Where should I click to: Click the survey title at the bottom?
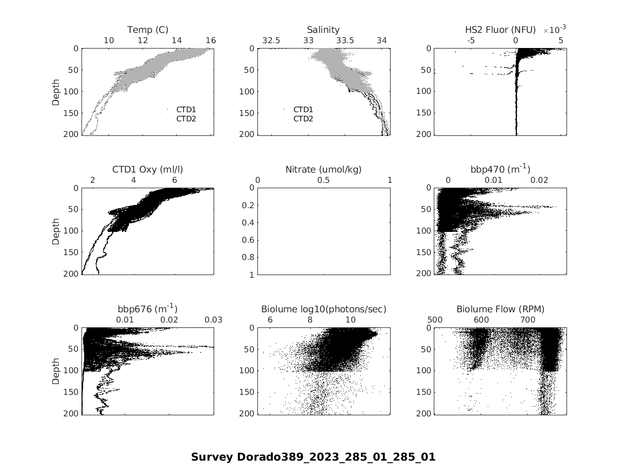coord(313,457)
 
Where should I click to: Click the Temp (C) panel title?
coord(148,30)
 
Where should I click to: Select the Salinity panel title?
coord(323,30)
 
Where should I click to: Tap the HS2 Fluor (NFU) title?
coord(500,30)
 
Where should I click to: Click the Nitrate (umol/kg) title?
coord(323,169)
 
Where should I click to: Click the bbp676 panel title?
coord(147,309)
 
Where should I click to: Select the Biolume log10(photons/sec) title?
coord(324,309)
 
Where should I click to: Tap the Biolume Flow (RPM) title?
coord(500,309)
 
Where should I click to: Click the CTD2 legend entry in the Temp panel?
coord(186,119)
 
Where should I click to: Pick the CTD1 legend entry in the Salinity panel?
coord(303,109)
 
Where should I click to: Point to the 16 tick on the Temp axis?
coord(210,40)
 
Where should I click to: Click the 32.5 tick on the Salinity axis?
coord(271,40)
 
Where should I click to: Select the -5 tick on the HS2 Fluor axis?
coord(470,40)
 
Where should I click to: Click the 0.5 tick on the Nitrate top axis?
coord(324,180)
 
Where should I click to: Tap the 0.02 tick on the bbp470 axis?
coord(540,180)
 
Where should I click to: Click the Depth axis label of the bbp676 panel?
coord(56,371)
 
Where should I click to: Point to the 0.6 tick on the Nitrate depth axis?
coord(250,240)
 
